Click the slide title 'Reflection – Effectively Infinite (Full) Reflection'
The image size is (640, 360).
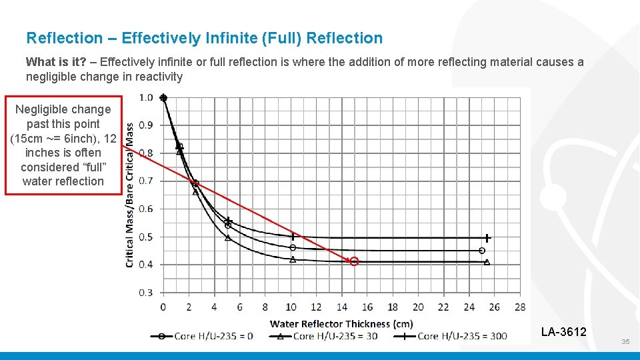point(204,38)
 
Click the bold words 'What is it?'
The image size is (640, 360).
point(56,62)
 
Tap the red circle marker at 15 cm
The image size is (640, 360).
point(354,261)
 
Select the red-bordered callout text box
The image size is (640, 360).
point(63,145)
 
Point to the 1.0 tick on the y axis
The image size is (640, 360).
point(146,97)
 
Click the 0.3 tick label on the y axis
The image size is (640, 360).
point(146,292)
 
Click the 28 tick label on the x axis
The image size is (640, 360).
point(520,307)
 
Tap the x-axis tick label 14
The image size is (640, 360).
point(341,307)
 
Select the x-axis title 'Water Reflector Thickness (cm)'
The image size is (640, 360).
point(341,324)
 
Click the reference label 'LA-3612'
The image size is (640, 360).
point(563,331)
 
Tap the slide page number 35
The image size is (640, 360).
point(625,341)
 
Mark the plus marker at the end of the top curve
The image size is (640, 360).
point(487,237)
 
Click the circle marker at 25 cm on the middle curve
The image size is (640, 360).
point(482,251)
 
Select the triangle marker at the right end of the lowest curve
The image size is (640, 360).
point(487,263)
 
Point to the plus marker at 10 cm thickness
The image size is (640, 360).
point(293,236)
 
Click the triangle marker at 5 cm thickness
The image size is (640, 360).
point(228,237)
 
